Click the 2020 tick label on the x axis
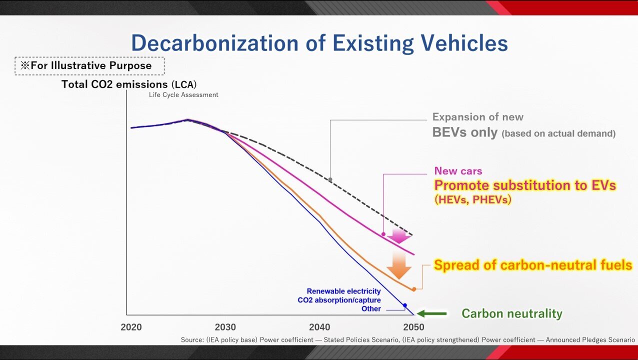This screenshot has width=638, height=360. (131, 327)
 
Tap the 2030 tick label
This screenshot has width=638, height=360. (225, 327)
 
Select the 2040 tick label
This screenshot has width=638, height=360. (319, 327)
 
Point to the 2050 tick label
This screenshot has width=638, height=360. (413, 327)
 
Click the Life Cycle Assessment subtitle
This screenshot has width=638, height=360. (183, 95)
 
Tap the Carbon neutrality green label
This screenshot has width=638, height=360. (511, 314)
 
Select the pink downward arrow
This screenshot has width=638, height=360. (399, 235)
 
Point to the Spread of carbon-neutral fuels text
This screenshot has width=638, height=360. (532, 265)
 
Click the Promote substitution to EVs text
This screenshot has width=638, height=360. (524, 185)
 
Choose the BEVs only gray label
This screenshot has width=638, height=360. (465, 132)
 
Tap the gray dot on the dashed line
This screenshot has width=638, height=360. (330, 179)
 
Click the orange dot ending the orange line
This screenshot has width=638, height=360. (414, 289)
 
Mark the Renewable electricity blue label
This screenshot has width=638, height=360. (343, 291)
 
